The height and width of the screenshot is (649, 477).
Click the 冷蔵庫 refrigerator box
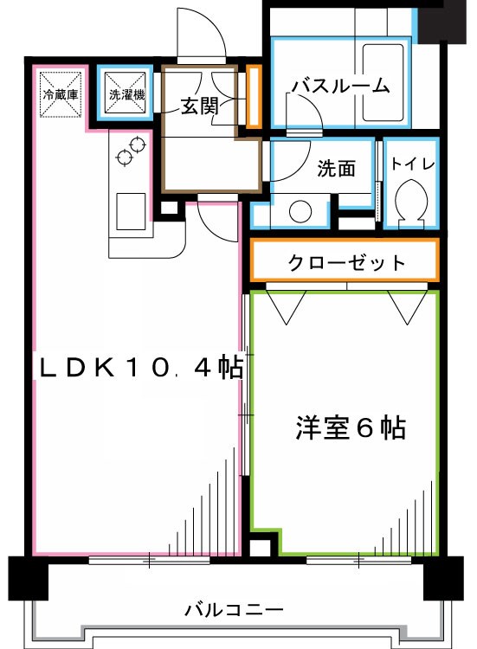point(60,94)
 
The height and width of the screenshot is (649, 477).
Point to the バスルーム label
point(340,87)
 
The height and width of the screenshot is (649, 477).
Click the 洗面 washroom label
point(337,169)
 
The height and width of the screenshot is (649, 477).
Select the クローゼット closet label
point(345,262)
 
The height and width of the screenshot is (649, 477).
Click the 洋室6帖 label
point(351,428)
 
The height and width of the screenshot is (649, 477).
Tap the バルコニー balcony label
point(234,611)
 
